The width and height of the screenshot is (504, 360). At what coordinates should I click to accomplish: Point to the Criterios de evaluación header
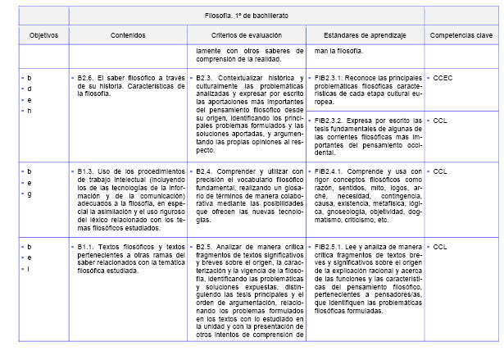(246, 36)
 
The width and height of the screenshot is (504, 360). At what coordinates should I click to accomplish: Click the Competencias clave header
(461, 36)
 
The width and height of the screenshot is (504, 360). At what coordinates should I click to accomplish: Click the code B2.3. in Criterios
(207, 76)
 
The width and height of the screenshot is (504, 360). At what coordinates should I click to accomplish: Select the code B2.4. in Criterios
(207, 171)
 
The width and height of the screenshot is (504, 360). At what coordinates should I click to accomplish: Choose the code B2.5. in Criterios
(207, 246)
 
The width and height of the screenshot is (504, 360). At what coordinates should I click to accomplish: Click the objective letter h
(30, 112)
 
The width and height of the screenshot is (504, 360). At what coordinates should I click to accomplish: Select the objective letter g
(30, 194)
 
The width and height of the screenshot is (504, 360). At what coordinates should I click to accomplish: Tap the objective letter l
(30, 269)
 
